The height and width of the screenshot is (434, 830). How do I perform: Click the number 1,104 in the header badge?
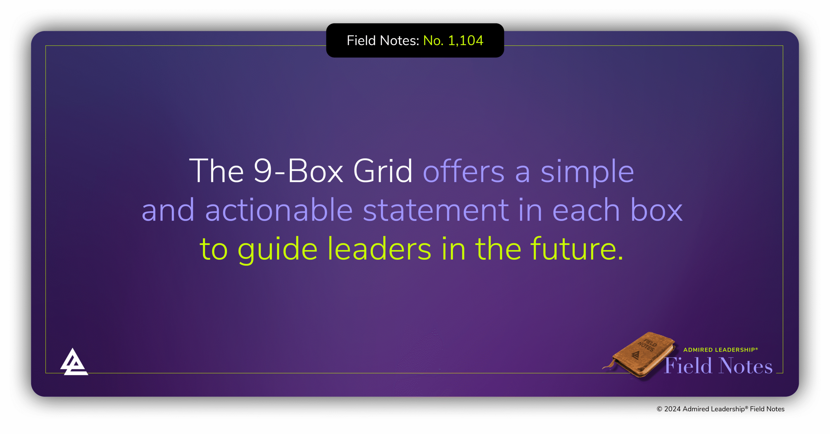pyautogui.click(x=466, y=41)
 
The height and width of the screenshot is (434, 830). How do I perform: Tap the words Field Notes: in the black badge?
pyautogui.click(x=383, y=41)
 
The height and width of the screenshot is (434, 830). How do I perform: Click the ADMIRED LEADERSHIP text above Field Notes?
pyautogui.click(x=720, y=350)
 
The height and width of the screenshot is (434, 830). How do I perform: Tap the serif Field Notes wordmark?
pyautogui.click(x=718, y=366)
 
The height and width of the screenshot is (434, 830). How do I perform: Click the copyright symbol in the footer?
pyautogui.click(x=659, y=409)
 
